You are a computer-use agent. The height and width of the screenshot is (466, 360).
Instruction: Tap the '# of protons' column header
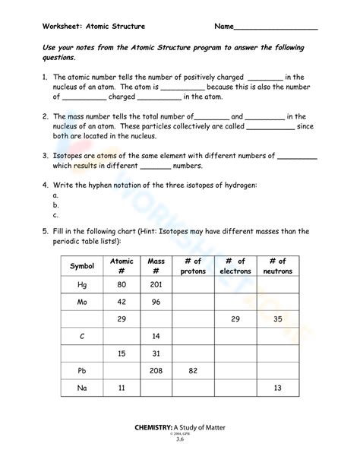click(x=193, y=266)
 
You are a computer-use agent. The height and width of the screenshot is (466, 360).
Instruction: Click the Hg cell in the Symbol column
click(x=82, y=284)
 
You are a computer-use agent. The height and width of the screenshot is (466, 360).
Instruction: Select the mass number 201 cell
click(x=156, y=284)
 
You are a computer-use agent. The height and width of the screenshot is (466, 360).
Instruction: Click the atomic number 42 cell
click(x=122, y=301)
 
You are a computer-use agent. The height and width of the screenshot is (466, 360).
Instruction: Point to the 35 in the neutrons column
click(x=277, y=319)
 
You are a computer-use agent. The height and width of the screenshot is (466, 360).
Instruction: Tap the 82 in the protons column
click(x=193, y=370)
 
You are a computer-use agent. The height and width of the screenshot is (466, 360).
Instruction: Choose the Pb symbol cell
click(x=82, y=370)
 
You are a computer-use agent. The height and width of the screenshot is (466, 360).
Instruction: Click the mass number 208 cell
click(x=156, y=370)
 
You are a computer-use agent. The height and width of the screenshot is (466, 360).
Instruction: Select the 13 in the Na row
click(x=277, y=388)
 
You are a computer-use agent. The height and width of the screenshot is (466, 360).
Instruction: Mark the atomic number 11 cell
click(x=122, y=388)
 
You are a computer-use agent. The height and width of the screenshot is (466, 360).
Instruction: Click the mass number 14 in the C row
click(x=156, y=335)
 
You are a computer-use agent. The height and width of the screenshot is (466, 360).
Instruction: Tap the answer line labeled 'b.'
click(x=56, y=205)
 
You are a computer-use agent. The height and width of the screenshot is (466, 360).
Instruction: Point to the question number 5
click(x=45, y=231)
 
